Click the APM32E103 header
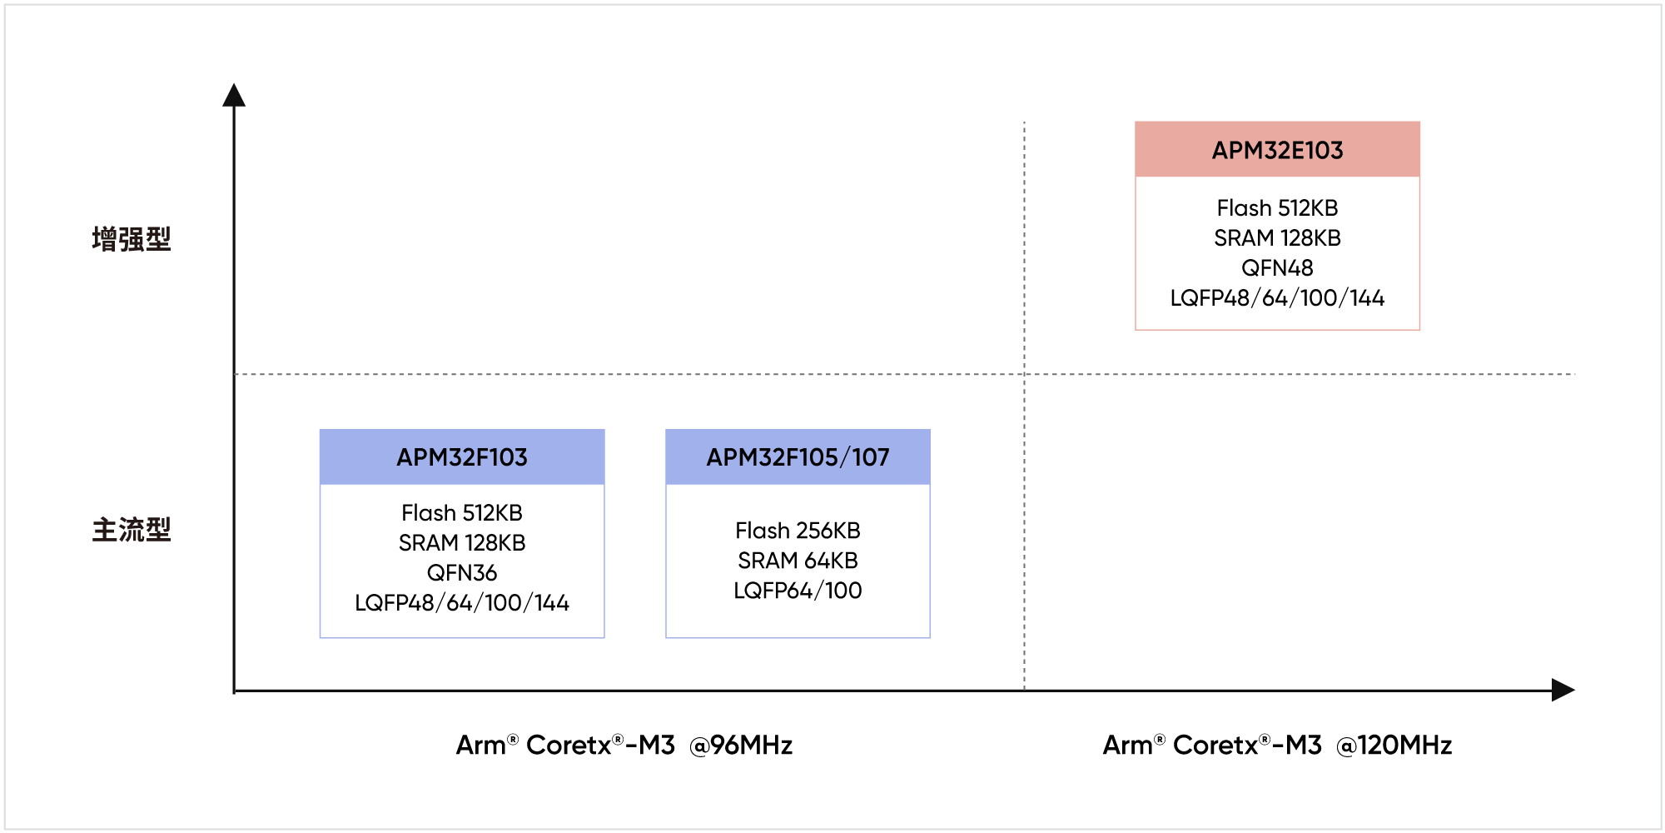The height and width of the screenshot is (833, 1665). [x=1277, y=150]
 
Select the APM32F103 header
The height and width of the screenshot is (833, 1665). [x=462, y=457]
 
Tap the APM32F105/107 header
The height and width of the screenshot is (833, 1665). [x=798, y=457]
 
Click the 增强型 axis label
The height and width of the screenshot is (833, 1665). [x=132, y=239]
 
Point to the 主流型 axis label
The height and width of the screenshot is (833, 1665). [x=132, y=529]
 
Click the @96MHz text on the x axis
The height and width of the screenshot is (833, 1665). [x=741, y=745]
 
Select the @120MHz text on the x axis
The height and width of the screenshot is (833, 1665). [x=1394, y=745]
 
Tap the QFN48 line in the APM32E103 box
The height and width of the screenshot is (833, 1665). [x=1277, y=268]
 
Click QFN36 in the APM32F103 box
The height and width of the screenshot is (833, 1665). [x=462, y=573]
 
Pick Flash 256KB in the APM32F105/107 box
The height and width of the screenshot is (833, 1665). [x=798, y=531]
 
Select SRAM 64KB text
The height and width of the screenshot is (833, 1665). [x=798, y=561]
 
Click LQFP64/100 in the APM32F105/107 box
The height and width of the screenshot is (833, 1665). [x=798, y=591]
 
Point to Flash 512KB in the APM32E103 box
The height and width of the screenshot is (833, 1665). [x=1277, y=208]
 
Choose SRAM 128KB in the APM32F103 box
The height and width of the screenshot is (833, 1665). [x=462, y=543]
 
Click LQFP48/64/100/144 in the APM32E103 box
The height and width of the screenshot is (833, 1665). [x=1277, y=298]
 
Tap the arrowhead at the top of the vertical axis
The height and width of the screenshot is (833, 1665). [x=234, y=84]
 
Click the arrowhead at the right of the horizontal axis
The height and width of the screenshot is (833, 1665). [x=1574, y=690]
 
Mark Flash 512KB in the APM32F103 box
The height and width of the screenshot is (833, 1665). [x=462, y=513]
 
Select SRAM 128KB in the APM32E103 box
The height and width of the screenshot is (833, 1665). [x=1277, y=238]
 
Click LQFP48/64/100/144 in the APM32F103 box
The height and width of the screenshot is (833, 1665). [x=462, y=603]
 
